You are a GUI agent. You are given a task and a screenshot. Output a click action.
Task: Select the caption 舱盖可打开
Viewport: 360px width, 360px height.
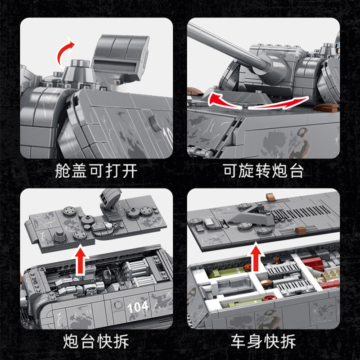coord(96,171)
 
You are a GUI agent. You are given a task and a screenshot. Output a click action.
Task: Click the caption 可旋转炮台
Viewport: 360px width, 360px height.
coord(264,171)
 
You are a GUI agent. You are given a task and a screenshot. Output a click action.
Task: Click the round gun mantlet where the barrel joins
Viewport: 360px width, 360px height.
coord(275,67)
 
